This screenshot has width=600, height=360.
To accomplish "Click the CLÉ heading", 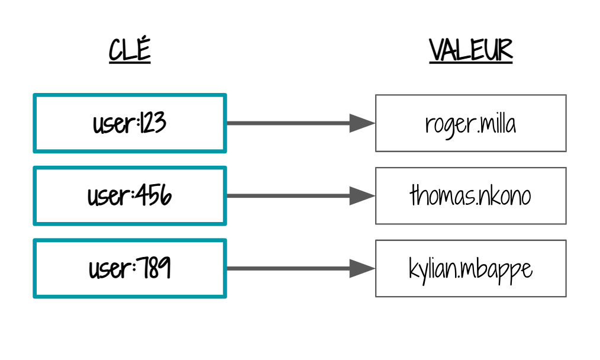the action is pos(130,50).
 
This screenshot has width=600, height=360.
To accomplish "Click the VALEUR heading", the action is pos(470,50).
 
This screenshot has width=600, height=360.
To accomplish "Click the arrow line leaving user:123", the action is pos(288,123).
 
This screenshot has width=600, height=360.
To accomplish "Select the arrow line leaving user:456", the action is pos(288,196).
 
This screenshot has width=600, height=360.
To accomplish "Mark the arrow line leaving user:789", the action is pos(288,268).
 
